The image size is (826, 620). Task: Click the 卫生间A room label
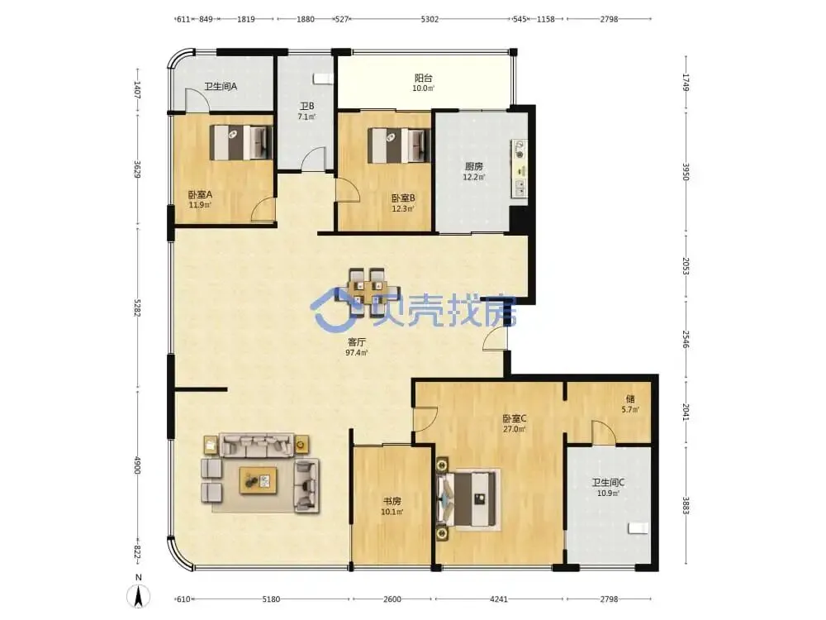(x=221, y=87)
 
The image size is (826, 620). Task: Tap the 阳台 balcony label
(x=424, y=78)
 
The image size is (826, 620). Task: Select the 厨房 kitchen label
(x=473, y=167)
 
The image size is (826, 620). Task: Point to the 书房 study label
(x=392, y=501)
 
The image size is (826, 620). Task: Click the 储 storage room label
(x=630, y=399)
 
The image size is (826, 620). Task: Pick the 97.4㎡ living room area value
(x=357, y=353)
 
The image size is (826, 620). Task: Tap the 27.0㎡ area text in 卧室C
(x=514, y=429)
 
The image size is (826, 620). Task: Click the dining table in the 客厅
(x=374, y=293)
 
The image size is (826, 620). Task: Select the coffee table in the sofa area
(x=258, y=480)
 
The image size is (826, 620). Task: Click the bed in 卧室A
(x=241, y=142)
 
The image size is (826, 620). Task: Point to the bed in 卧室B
(x=399, y=145)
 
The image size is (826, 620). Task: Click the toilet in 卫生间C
(x=638, y=527)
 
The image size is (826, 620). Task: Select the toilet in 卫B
(x=323, y=79)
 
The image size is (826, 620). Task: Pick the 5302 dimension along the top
(x=430, y=19)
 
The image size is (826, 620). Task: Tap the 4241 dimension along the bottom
(x=499, y=599)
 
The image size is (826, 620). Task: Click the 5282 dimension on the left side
(x=137, y=308)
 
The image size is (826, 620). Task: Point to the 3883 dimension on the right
(x=686, y=505)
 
